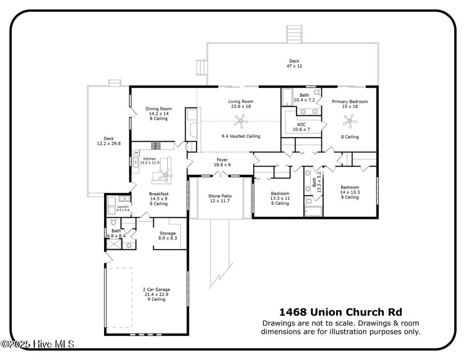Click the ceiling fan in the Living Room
241,119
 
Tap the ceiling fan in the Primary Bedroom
351,119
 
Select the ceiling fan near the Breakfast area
163,175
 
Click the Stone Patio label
220,199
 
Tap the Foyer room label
222,162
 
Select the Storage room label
167,236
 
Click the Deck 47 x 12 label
294,64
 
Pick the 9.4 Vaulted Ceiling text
241,136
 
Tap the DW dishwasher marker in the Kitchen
136,152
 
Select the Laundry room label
123,208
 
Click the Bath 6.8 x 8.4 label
116,233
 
